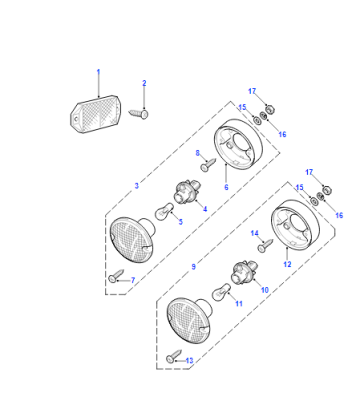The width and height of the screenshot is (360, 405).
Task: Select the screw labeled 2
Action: pyautogui.click(x=138, y=114)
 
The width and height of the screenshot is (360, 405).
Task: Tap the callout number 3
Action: pyautogui.click(x=137, y=186)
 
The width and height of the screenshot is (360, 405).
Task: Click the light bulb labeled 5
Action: pyautogui.click(x=164, y=212)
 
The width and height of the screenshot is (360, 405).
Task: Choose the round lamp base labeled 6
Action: pyautogui.click(x=238, y=142)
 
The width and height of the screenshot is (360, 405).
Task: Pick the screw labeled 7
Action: pyautogui.click(x=116, y=276)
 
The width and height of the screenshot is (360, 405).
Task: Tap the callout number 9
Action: pyautogui.click(x=194, y=267)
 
